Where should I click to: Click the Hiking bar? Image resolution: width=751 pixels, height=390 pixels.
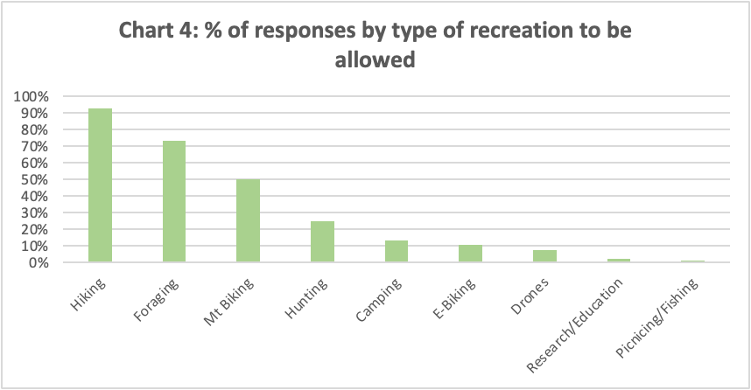coord(100,185)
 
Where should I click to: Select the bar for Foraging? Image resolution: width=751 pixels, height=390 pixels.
coord(173,201)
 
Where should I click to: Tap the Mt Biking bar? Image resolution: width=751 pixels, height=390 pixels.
coord(248,220)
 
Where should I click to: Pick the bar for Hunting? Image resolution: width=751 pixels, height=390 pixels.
coord(322,241)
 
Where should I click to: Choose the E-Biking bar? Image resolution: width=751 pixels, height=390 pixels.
coord(470,254)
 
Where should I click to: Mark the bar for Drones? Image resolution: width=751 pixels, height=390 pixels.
coord(544,256)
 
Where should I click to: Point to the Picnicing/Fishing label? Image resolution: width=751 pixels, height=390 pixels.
coord(656,316)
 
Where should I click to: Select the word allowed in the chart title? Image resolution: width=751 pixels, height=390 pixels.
coord(375,63)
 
